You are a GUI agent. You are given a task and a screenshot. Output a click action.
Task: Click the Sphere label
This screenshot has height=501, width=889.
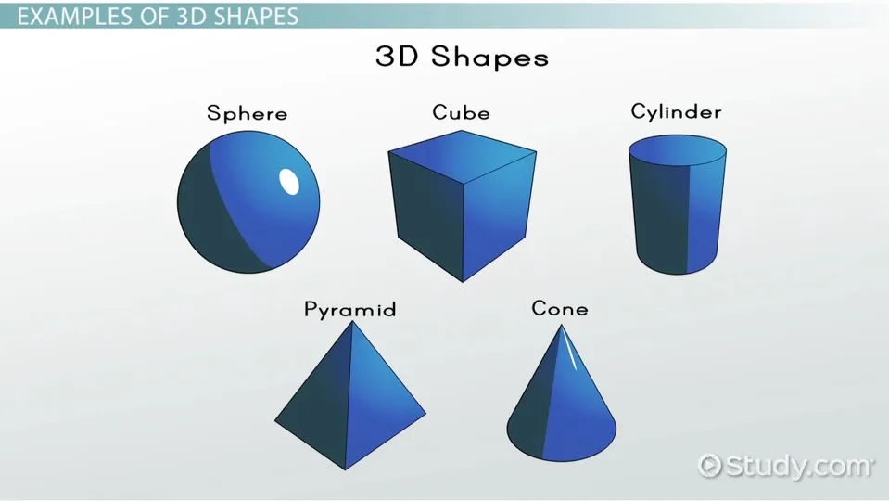point(248,113)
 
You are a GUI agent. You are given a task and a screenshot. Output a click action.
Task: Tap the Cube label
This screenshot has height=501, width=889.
point(461,112)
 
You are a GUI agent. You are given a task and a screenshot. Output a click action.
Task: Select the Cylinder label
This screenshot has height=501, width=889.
point(677,112)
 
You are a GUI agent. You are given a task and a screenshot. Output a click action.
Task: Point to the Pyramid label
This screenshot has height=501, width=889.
point(349,310)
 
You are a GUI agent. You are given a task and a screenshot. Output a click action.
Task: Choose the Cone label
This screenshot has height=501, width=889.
point(560,309)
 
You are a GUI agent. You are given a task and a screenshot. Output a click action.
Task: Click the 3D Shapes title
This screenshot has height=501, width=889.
point(462,58)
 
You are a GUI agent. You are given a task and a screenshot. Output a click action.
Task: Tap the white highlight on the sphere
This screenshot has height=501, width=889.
point(289,182)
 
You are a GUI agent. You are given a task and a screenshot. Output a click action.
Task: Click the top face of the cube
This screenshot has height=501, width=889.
point(462,156)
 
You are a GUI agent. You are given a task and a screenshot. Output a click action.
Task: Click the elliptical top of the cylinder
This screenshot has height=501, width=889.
point(678,151)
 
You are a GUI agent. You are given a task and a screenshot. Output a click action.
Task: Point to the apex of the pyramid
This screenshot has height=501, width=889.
point(352,321)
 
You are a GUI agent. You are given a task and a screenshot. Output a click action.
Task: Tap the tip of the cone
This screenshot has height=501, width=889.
point(561,325)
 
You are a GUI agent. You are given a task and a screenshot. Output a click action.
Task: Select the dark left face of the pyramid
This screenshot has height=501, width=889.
point(313,397)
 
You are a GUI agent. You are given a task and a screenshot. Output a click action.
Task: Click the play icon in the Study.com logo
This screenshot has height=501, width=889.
point(709,466)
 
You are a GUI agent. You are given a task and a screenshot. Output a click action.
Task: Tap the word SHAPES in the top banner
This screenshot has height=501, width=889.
point(256,17)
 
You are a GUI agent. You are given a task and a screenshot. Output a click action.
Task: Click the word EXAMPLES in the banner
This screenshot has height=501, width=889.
point(83,17)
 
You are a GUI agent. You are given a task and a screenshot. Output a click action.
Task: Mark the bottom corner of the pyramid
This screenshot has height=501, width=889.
point(345,469)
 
